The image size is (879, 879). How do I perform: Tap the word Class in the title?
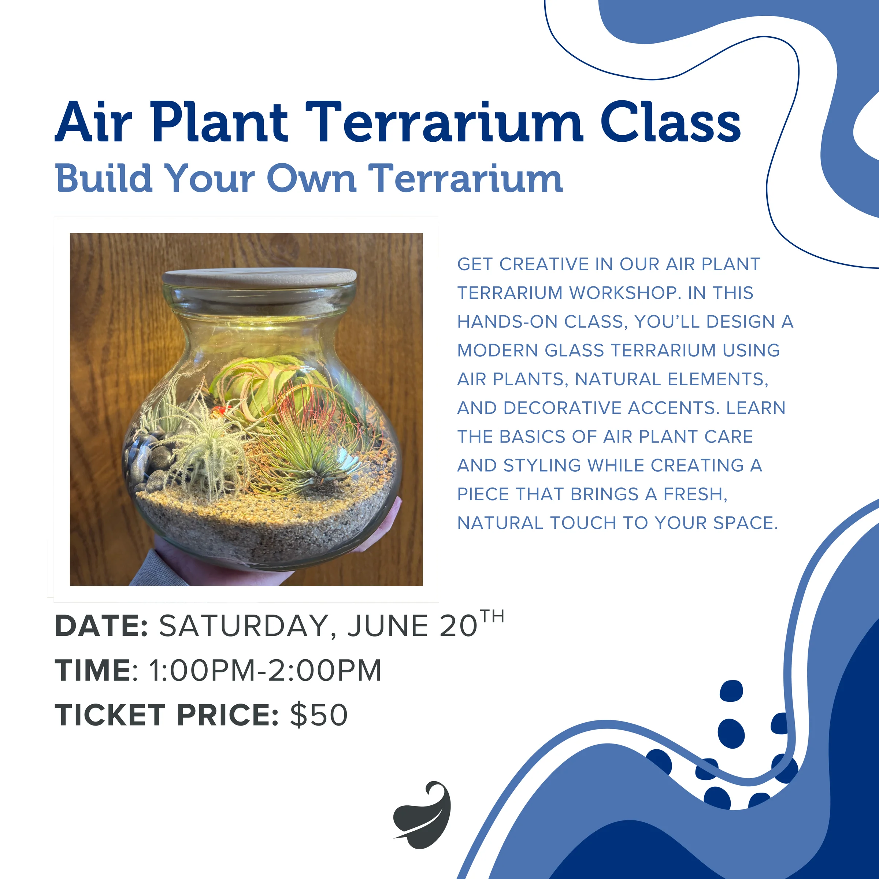pyautogui.click(x=671, y=122)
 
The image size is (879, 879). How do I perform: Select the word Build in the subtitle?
pyautogui.click(x=103, y=178)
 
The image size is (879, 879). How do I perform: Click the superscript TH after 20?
pyautogui.click(x=492, y=617)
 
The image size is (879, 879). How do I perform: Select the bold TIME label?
pyautogui.click(x=93, y=670)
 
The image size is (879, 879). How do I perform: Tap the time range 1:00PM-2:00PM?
pyautogui.click(x=265, y=670)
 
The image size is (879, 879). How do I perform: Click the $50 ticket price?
pyautogui.click(x=319, y=714)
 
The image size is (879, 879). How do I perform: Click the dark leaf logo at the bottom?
pyautogui.click(x=422, y=815)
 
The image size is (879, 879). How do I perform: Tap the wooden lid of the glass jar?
pyautogui.click(x=260, y=278)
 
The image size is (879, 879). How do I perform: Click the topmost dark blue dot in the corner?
pyautogui.click(x=731, y=691)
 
